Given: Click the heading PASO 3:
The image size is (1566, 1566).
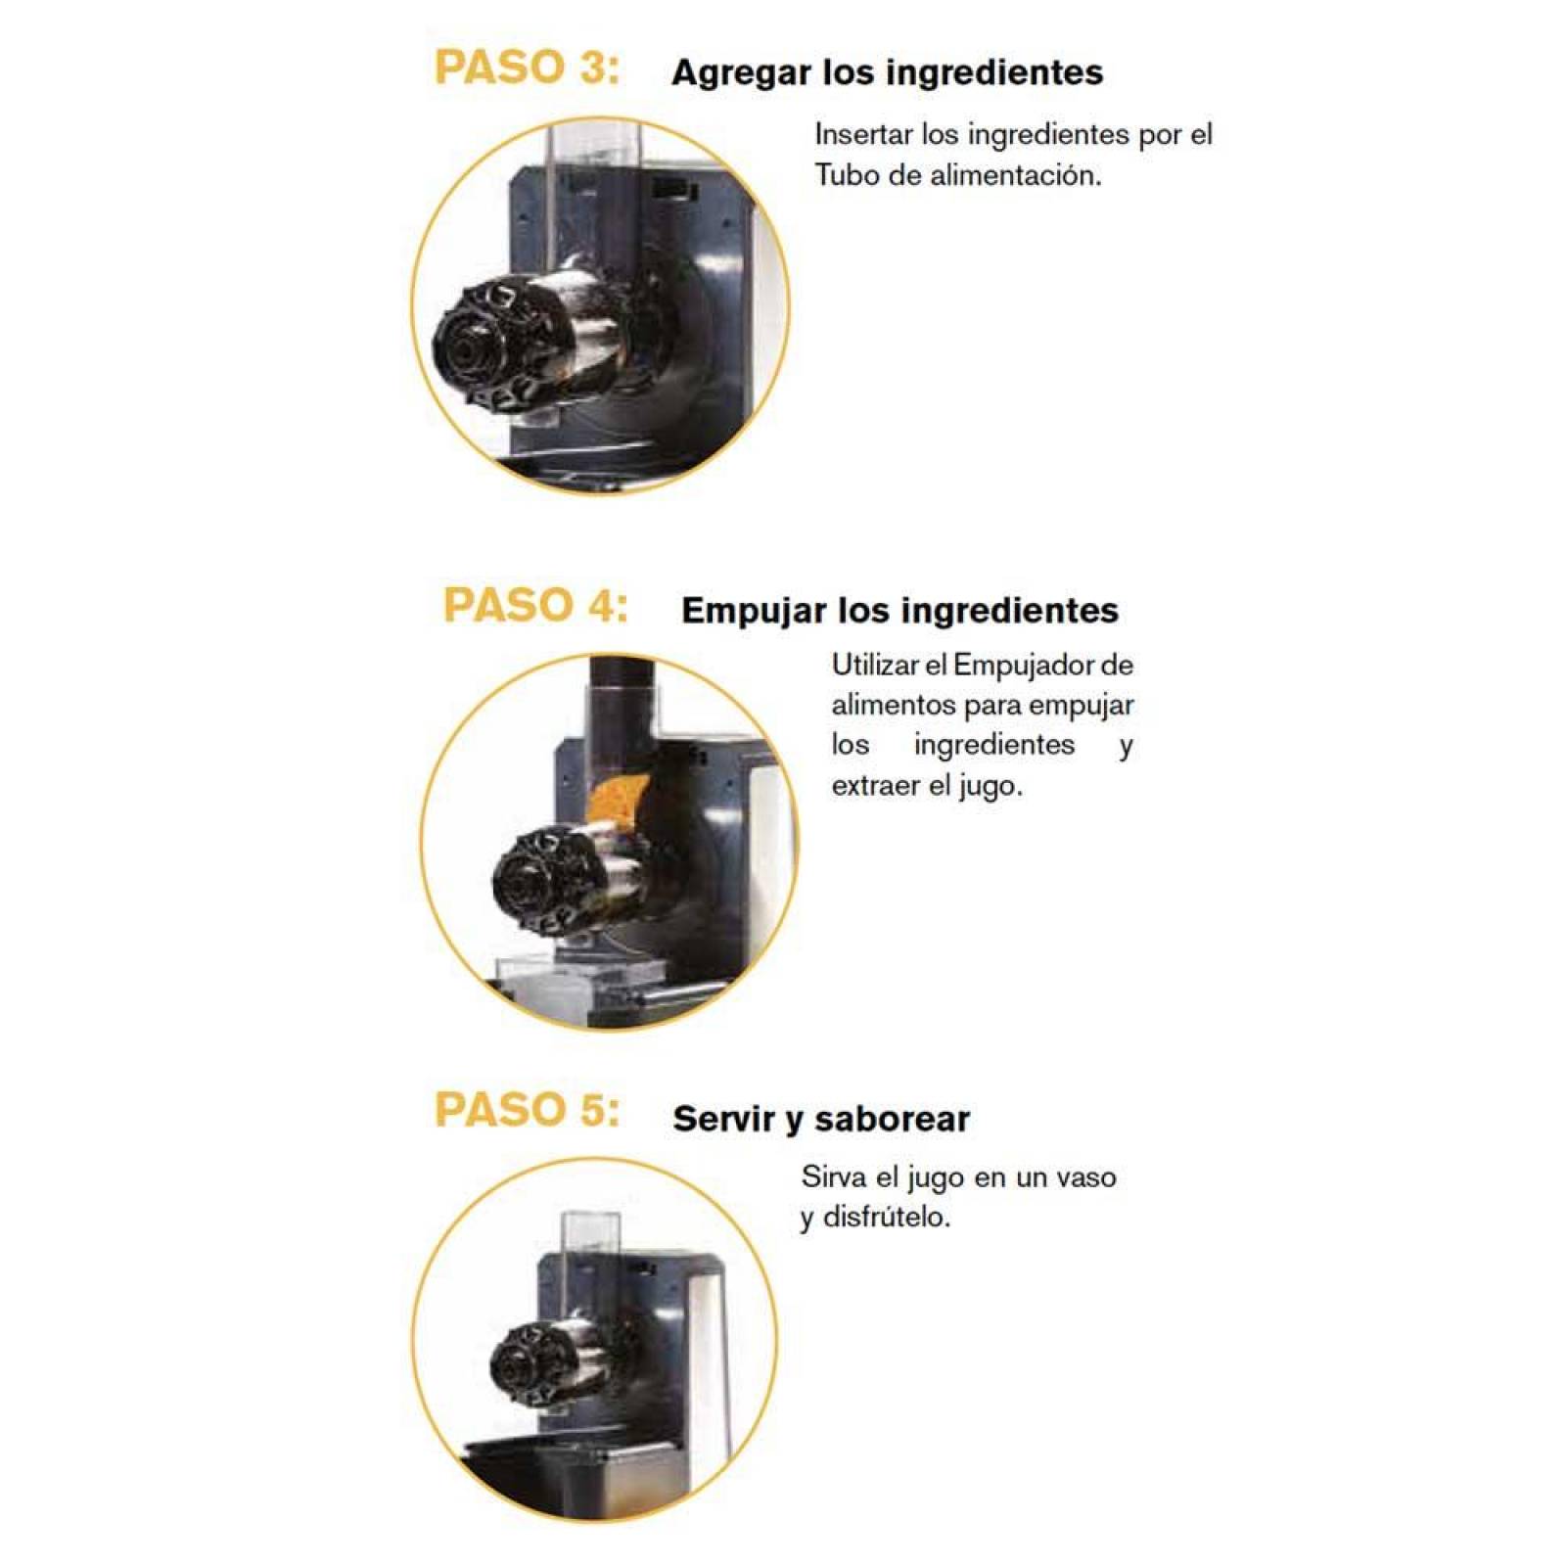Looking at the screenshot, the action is click(527, 68).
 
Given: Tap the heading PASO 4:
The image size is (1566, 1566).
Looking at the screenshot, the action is click(535, 605).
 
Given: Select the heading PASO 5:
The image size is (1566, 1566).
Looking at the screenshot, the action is click(527, 1110).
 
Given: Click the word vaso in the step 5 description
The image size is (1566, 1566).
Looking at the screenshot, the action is click(1086, 1176).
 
